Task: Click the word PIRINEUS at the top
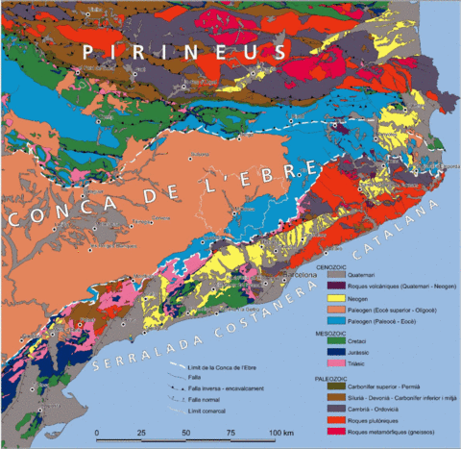tap(182, 51)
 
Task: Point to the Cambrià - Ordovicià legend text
tap(374, 409)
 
